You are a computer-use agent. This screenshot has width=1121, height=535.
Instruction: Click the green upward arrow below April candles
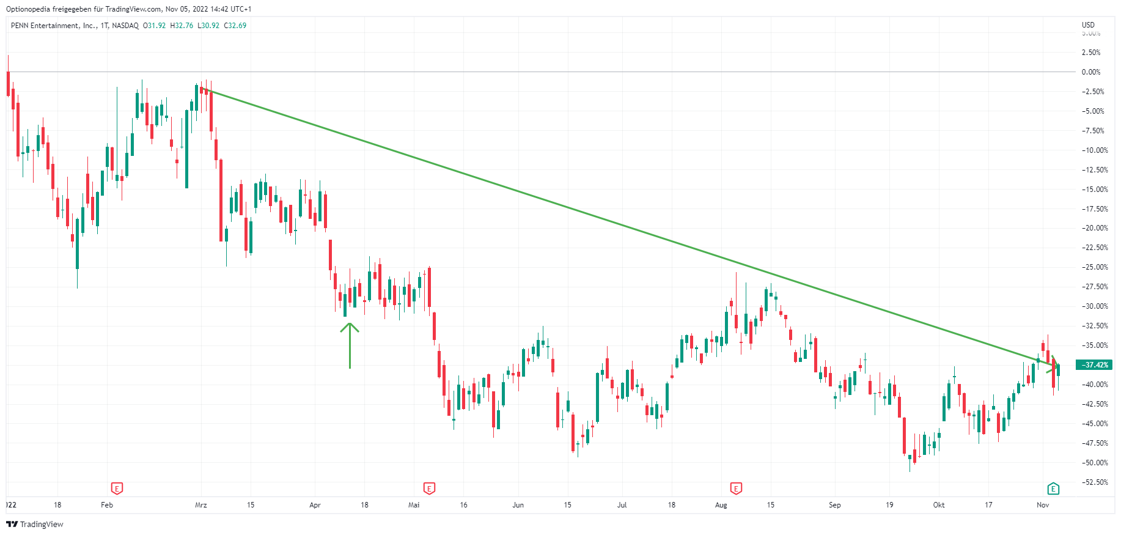(x=350, y=345)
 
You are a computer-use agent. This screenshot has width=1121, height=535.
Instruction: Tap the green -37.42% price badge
(x=1095, y=365)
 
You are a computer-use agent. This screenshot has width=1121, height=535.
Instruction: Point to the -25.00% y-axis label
(x=1094, y=267)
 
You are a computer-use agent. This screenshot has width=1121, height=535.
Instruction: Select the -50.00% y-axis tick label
(x=1094, y=463)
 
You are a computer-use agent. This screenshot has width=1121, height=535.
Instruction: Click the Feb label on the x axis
(x=107, y=505)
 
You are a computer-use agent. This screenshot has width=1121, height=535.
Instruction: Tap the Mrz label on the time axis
(x=201, y=505)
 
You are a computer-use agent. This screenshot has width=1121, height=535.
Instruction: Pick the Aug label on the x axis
(x=721, y=505)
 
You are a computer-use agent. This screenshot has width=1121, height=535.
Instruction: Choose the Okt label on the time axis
(x=939, y=505)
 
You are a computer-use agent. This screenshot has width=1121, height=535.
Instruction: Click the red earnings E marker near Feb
(x=117, y=489)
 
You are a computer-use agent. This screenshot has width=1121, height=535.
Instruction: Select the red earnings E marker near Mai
(x=429, y=489)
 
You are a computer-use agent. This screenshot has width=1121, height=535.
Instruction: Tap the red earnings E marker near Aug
(x=736, y=489)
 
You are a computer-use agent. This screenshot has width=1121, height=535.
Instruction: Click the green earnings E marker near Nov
(x=1053, y=489)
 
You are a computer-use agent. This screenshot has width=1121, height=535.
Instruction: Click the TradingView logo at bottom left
(x=35, y=524)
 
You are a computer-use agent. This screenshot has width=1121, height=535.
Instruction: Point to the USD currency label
(x=1088, y=25)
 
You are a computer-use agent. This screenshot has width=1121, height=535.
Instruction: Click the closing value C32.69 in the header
(x=235, y=26)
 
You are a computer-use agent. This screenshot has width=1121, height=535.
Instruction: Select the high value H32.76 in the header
(x=182, y=26)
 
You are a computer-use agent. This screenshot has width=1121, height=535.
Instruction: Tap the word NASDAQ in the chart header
(x=125, y=26)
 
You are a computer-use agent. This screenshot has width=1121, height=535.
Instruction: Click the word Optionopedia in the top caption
(x=28, y=9)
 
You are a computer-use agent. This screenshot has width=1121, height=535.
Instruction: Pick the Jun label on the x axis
(x=518, y=505)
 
